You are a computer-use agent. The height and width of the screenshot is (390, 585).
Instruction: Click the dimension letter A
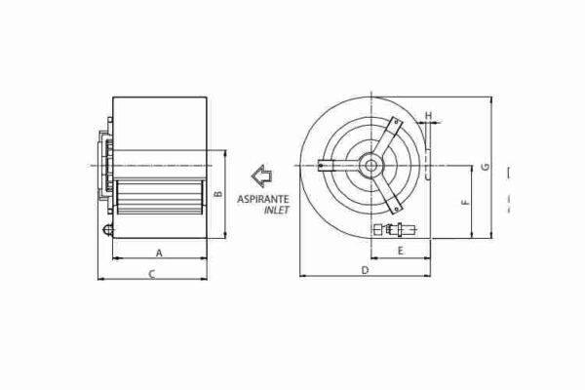click(158, 252)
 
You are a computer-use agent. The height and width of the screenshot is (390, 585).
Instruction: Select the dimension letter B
click(219, 193)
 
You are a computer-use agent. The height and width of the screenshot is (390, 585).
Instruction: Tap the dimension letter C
click(152, 276)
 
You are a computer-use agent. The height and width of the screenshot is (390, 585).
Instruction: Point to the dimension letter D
click(364, 269)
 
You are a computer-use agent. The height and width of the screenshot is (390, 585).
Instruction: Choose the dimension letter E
click(401, 252)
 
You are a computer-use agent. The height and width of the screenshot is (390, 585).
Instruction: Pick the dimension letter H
click(429, 115)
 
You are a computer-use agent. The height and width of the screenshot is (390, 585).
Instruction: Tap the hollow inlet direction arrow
click(262, 176)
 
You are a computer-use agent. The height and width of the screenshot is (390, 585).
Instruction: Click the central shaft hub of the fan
click(371, 166)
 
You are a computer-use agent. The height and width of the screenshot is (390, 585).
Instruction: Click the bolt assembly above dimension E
click(395, 231)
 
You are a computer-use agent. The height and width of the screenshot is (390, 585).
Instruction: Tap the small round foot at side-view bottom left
click(107, 230)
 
